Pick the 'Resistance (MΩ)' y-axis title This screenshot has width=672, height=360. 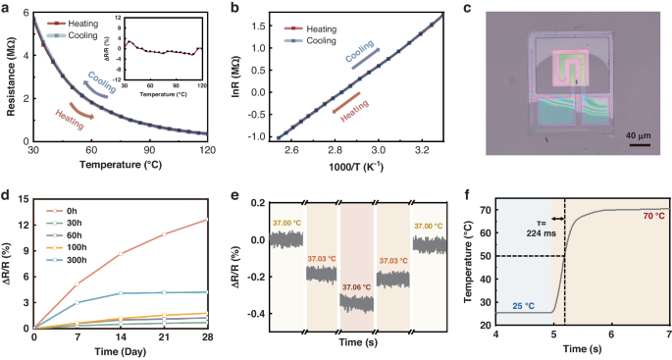(x=9, y=79)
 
